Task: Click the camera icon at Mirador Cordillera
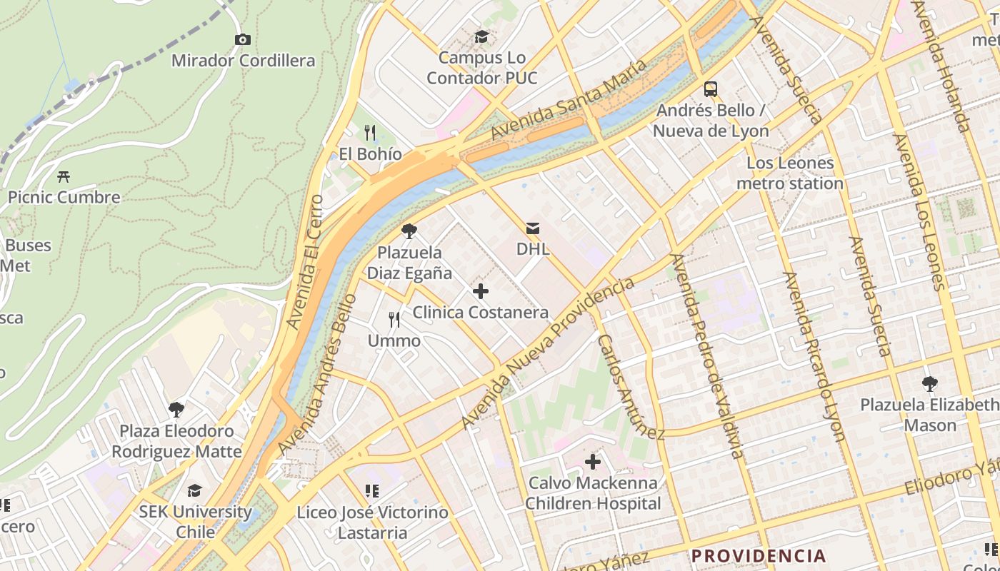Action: pos(243,39)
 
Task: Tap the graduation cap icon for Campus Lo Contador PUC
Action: pos(482,36)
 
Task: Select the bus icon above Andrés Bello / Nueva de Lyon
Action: pos(711,89)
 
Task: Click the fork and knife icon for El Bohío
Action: pos(370,133)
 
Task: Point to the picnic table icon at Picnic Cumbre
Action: pos(64,176)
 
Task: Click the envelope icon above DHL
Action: pos(533,228)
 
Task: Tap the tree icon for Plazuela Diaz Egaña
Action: pos(409,231)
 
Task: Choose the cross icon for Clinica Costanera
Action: pos(481,291)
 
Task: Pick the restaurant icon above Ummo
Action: pos(394,320)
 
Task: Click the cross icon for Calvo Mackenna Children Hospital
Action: pos(593,462)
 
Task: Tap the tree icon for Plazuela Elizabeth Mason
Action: pos(930,384)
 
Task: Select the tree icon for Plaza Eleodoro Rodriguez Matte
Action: pos(176,410)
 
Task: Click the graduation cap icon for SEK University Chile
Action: pos(195,490)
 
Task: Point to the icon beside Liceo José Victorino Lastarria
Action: pos(371,491)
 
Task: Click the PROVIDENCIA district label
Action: pos(758,556)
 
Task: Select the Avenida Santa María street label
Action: pos(569,100)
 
